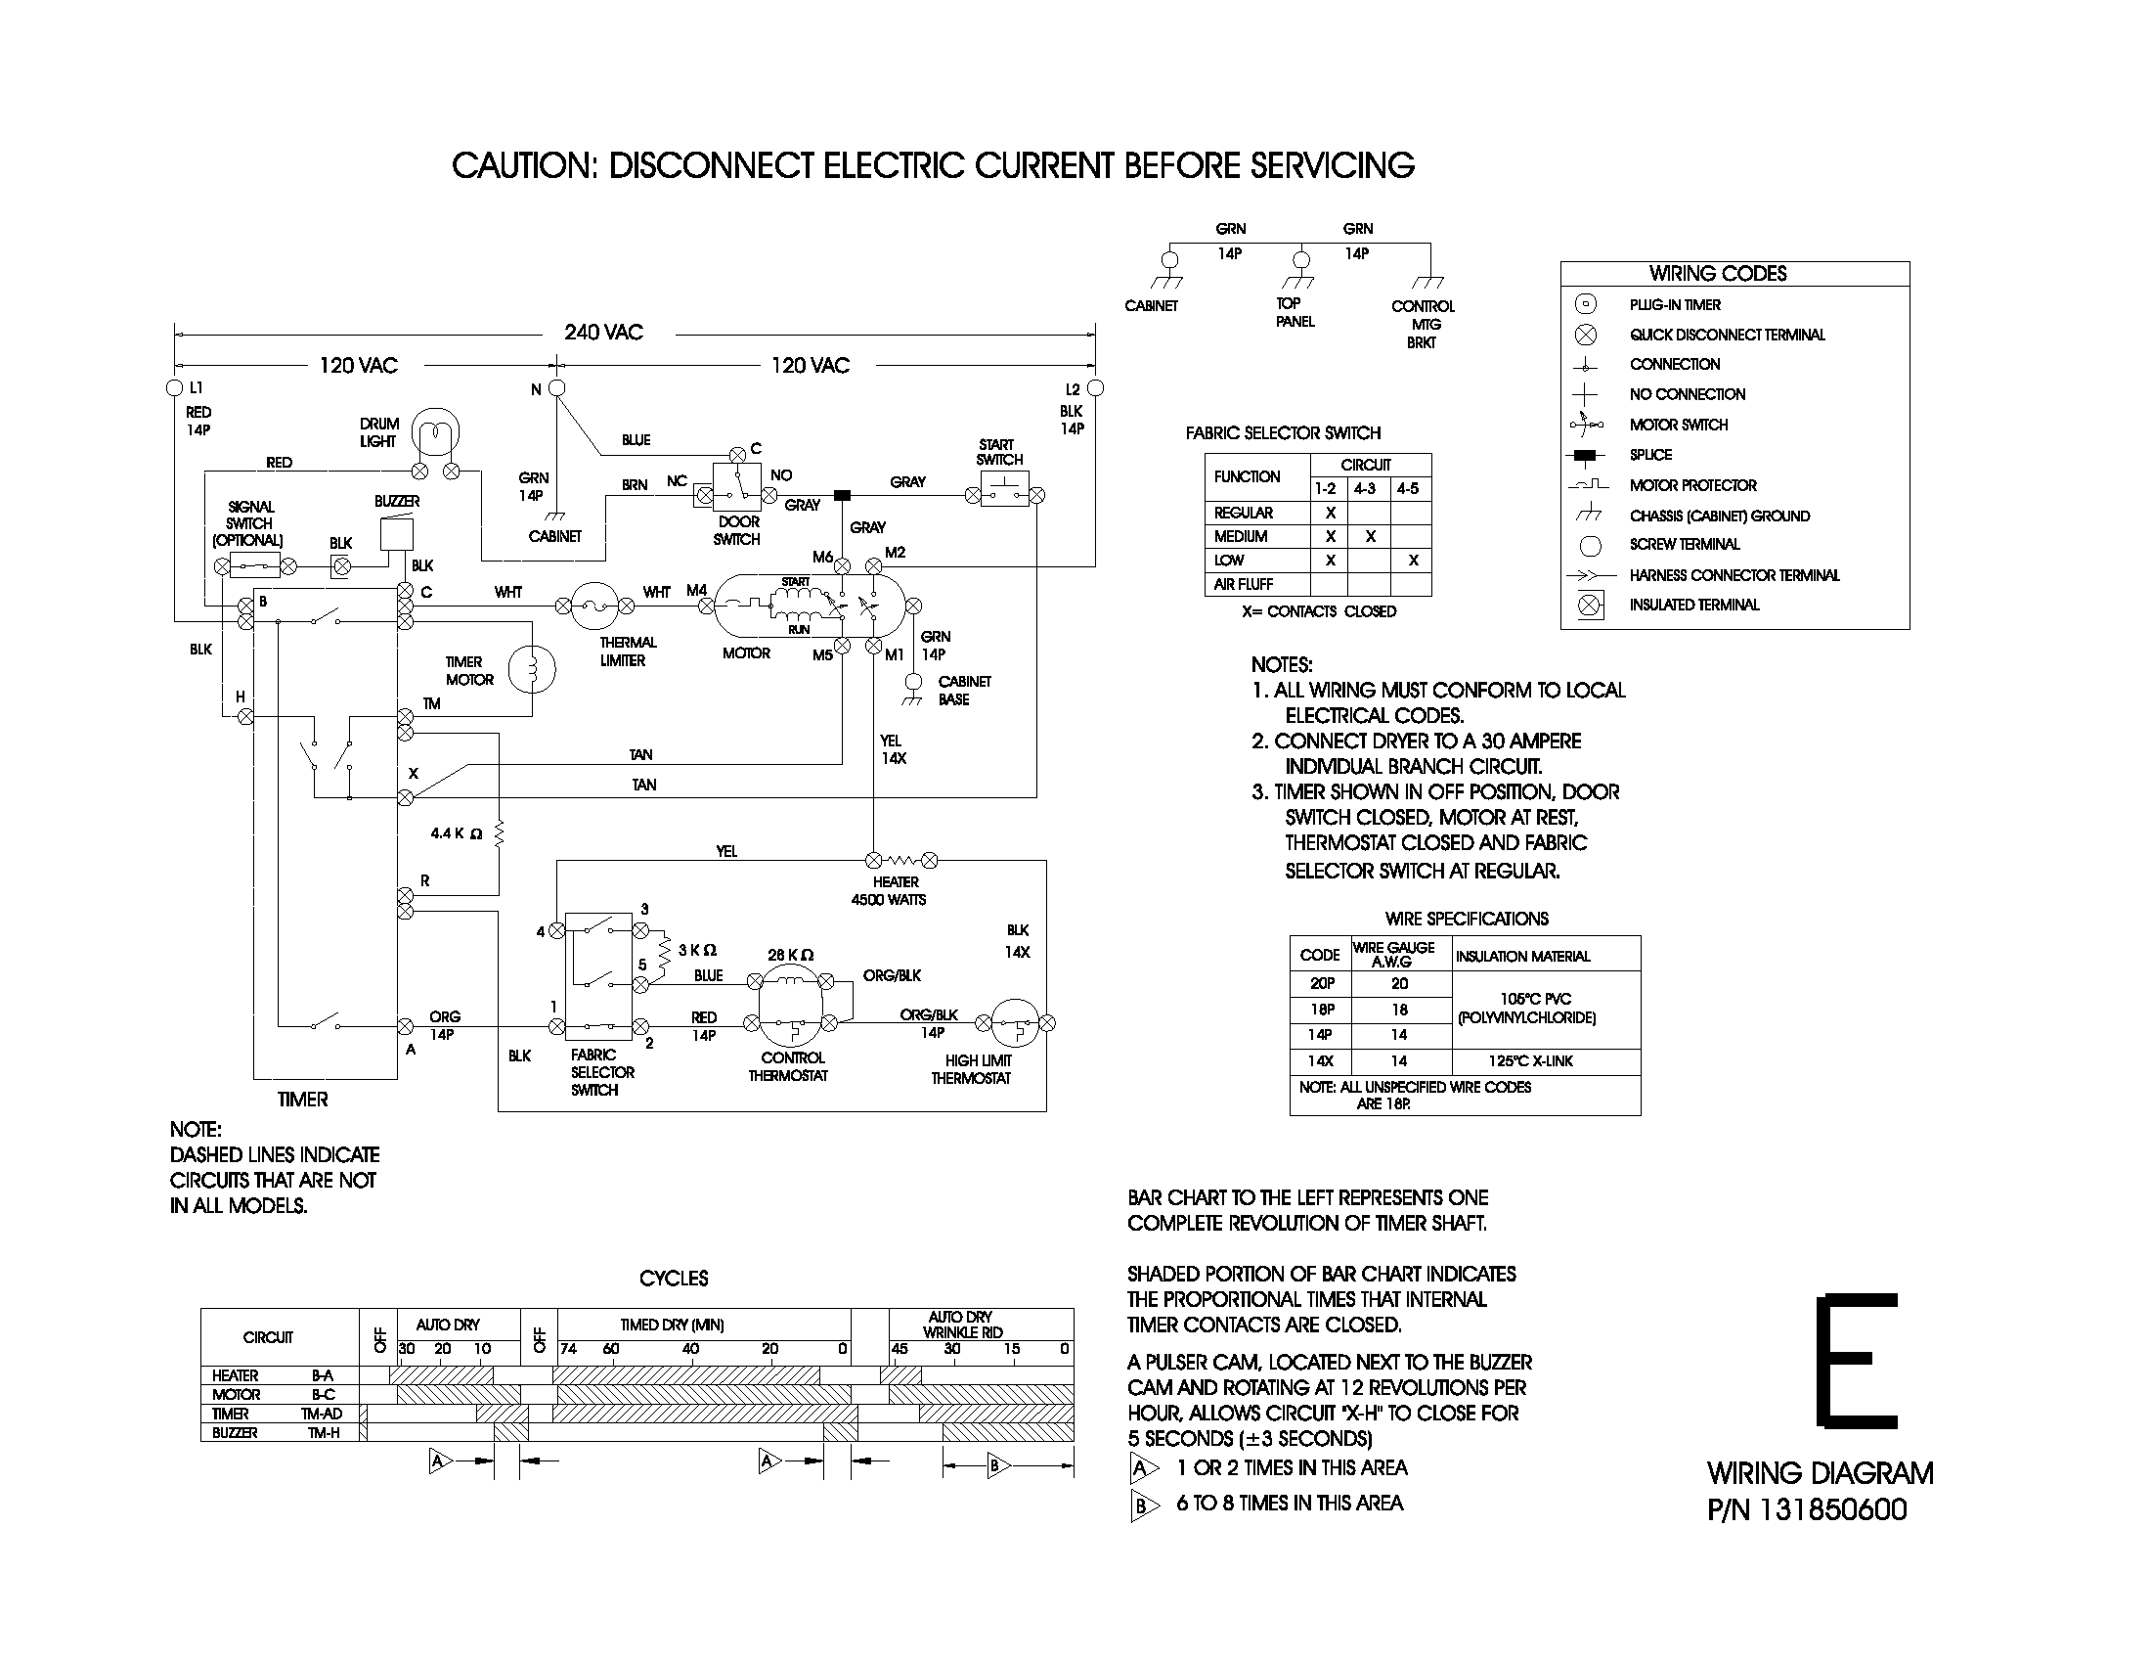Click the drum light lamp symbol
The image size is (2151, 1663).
click(434, 433)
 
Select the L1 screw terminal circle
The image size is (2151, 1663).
click(175, 387)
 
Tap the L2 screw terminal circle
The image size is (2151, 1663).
click(1095, 388)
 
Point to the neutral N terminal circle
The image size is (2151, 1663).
click(556, 388)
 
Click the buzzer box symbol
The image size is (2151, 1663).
click(396, 534)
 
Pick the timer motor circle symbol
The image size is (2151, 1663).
click(532, 670)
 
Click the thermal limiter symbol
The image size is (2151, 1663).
click(595, 606)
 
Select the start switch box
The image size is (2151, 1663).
click(1003, 490)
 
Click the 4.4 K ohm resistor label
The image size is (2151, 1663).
click(457, 833)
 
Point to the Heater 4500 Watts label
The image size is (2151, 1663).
click(888, 890)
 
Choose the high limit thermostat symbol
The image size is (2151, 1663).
click(1015, 1023)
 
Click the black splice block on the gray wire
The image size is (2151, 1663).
click(842, 496)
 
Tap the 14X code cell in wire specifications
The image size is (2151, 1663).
click(1320, 1061)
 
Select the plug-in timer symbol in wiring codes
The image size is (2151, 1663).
click(1586, 304)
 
